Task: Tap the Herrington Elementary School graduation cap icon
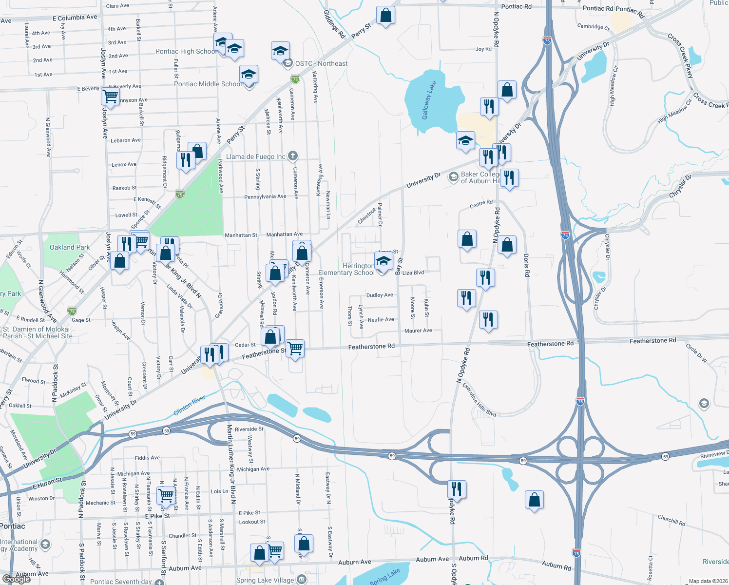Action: (x=384, y=261)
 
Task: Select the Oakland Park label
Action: (x=70, y=247)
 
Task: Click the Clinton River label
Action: (x=190, y=406)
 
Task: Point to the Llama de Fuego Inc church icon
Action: (x=292, y=156)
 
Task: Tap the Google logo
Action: (x=16, y=579)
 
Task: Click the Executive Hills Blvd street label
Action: (x=479, y=400)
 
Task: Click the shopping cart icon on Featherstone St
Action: (x=295, y=349)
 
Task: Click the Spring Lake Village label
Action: (x=265, y=580)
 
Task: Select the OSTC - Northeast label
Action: (x=322, y=63)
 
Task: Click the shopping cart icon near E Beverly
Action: (x=111, y=96)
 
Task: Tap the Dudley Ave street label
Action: (x=380, y=295)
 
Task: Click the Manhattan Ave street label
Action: (x=284, y=234)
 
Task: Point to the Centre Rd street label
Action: (x=481, y=203)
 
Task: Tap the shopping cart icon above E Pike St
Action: (x=166, y=495)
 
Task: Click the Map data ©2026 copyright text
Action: (x=708, y=581)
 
